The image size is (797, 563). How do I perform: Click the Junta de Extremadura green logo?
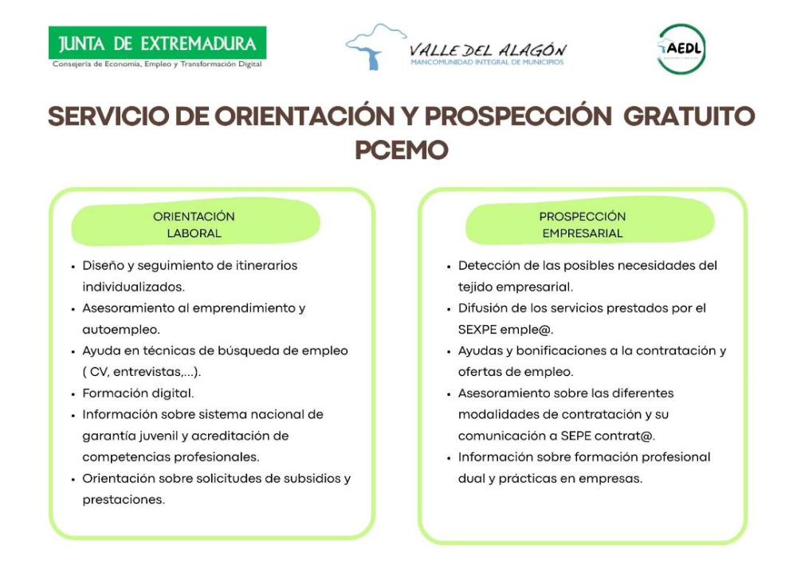click(x=157, y=42)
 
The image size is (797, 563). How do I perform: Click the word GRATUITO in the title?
click(x=689, y=116)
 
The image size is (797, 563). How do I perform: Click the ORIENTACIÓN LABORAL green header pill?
click(x=194, y=225)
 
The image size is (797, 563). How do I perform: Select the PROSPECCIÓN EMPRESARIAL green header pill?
click(x=583, y=225)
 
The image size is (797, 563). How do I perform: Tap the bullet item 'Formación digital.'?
click(x=138, y=393)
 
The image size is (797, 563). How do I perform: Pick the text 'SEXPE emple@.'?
click(x=505, y=329)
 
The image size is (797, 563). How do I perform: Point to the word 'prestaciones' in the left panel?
click(x=123, y=500)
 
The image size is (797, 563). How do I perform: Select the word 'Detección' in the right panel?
click(x=486, y=265)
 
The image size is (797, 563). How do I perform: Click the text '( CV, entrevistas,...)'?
click(x=142, y=372)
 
